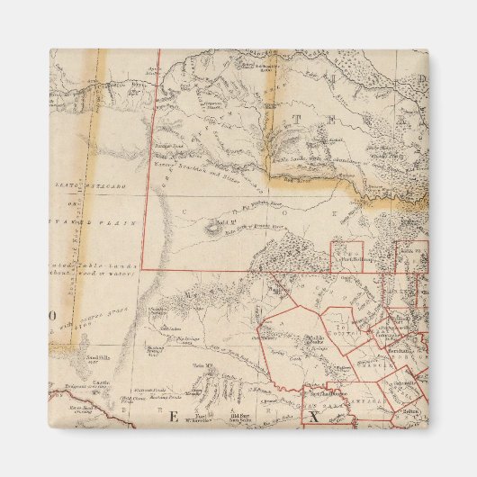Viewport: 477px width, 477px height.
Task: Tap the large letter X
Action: click(313, 417)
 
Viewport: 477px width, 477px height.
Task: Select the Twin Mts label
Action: click(200, 364)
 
